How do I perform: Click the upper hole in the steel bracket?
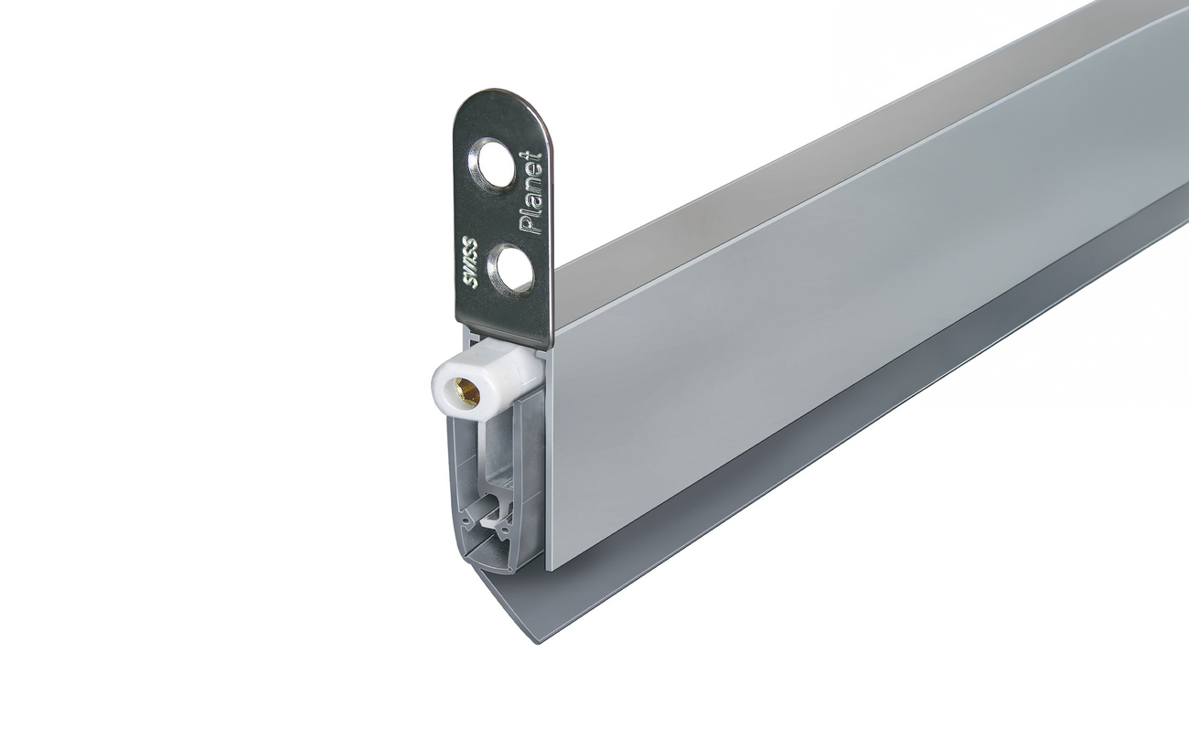[493, 165]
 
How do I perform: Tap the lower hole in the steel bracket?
[510, 270]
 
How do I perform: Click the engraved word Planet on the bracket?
[530, 193]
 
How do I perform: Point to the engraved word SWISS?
[470, 263]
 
